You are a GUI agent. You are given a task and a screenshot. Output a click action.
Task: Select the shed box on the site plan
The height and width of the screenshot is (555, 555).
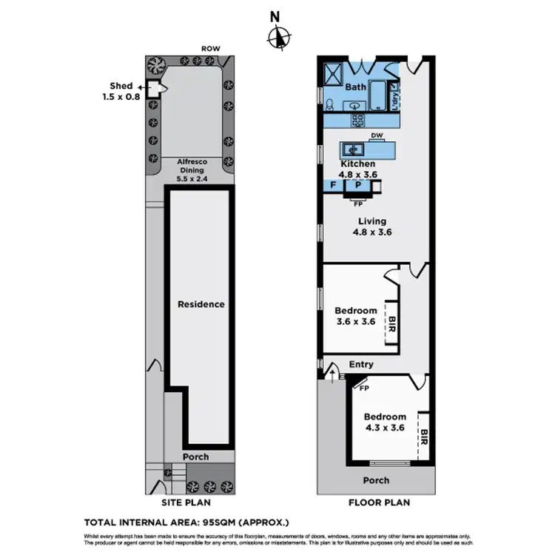click(154, 89)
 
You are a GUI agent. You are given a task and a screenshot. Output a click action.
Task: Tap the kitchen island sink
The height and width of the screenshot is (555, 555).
click(354, 149)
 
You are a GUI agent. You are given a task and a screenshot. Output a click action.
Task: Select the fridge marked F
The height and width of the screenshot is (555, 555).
click(333, 185)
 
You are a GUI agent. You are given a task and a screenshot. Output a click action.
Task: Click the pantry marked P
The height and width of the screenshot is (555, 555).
click(357, 185)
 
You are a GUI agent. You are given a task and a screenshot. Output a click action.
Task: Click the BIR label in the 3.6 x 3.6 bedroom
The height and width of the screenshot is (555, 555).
click(392, 323)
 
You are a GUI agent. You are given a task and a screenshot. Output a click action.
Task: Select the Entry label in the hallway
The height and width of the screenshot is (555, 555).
click(360, 365)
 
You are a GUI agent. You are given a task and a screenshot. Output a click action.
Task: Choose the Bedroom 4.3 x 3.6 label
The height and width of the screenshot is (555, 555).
click(385, 422)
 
